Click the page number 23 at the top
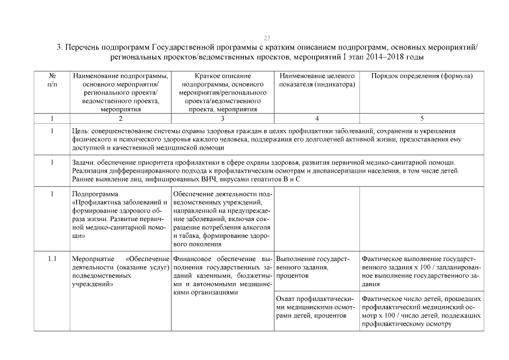click(x=267, y=38)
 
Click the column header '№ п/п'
click(x=52, y=79)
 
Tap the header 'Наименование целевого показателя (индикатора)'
click(x=317, y=80)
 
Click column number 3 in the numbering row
click(x=223, y=119)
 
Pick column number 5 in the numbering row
click(x=422, y=119)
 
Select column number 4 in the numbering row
click(x=317, y=119)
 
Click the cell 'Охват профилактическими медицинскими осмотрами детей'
click(x=317, y=307)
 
